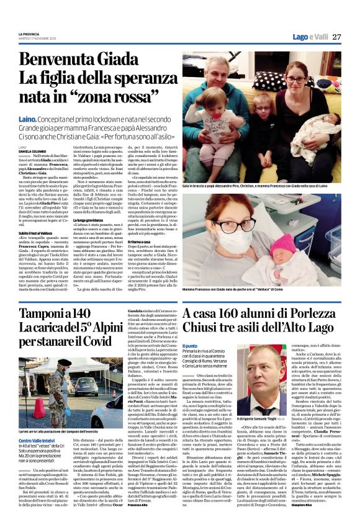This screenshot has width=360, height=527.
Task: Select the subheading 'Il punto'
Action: pos(191,345)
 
